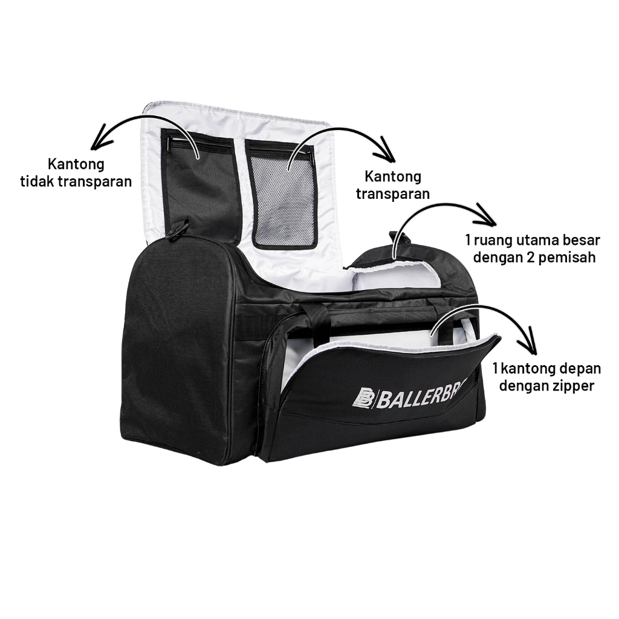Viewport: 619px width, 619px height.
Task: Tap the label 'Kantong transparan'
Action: click(x=393, y=185)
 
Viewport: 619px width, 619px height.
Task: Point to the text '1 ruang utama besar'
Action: click(x=533, y=240)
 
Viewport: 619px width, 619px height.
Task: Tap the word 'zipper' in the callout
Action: click(x=574, y=385)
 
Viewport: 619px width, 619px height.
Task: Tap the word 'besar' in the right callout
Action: click(x=582, y=240)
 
